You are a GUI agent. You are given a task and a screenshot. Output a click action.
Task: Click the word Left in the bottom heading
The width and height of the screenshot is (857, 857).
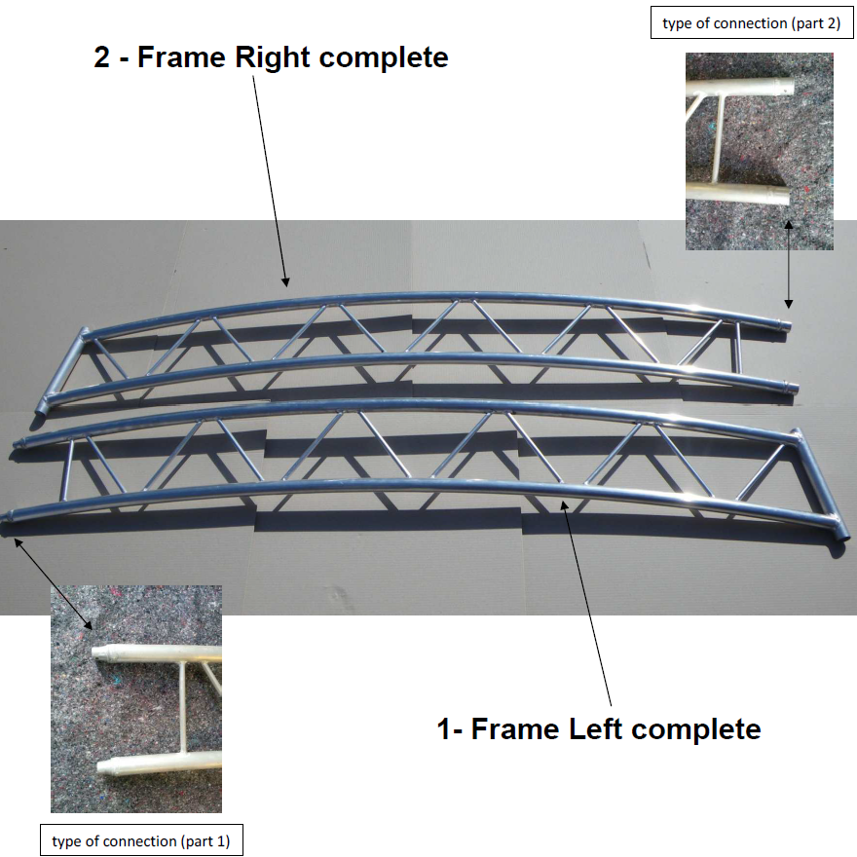tap(593, 729)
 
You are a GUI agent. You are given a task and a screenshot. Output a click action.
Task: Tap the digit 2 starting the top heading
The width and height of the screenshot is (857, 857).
tap(102, 56)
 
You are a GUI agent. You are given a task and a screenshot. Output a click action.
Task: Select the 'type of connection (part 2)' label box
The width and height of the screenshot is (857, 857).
tap(752, 23)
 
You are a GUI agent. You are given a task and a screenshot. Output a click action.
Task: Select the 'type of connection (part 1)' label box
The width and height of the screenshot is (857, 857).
tap(141, 840)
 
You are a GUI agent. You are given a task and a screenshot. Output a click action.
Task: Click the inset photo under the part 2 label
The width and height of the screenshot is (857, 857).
tap(760, 151)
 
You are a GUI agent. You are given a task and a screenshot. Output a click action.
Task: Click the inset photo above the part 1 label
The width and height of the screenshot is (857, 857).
tap(136, 699)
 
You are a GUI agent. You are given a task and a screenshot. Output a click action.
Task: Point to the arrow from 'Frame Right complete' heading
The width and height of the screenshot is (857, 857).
tap(270, 181)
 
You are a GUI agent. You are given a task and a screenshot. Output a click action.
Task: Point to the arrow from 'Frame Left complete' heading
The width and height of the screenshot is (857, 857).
tap(586, 602)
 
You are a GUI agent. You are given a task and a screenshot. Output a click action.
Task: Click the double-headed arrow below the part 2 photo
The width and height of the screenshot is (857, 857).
tap(788, 264)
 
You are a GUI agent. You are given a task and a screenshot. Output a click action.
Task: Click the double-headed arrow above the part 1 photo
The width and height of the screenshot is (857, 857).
tap(53, 583)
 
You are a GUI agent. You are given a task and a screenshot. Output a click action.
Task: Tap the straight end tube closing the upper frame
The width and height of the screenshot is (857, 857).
tap(61, 372)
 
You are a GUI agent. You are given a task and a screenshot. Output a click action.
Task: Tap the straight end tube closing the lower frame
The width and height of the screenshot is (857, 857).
tap(820, 485)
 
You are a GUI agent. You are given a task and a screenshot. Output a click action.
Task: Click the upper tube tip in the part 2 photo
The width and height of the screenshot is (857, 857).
tap(785, 87)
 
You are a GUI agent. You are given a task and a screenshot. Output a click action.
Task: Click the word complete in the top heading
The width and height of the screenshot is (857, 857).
tap(384, 57)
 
